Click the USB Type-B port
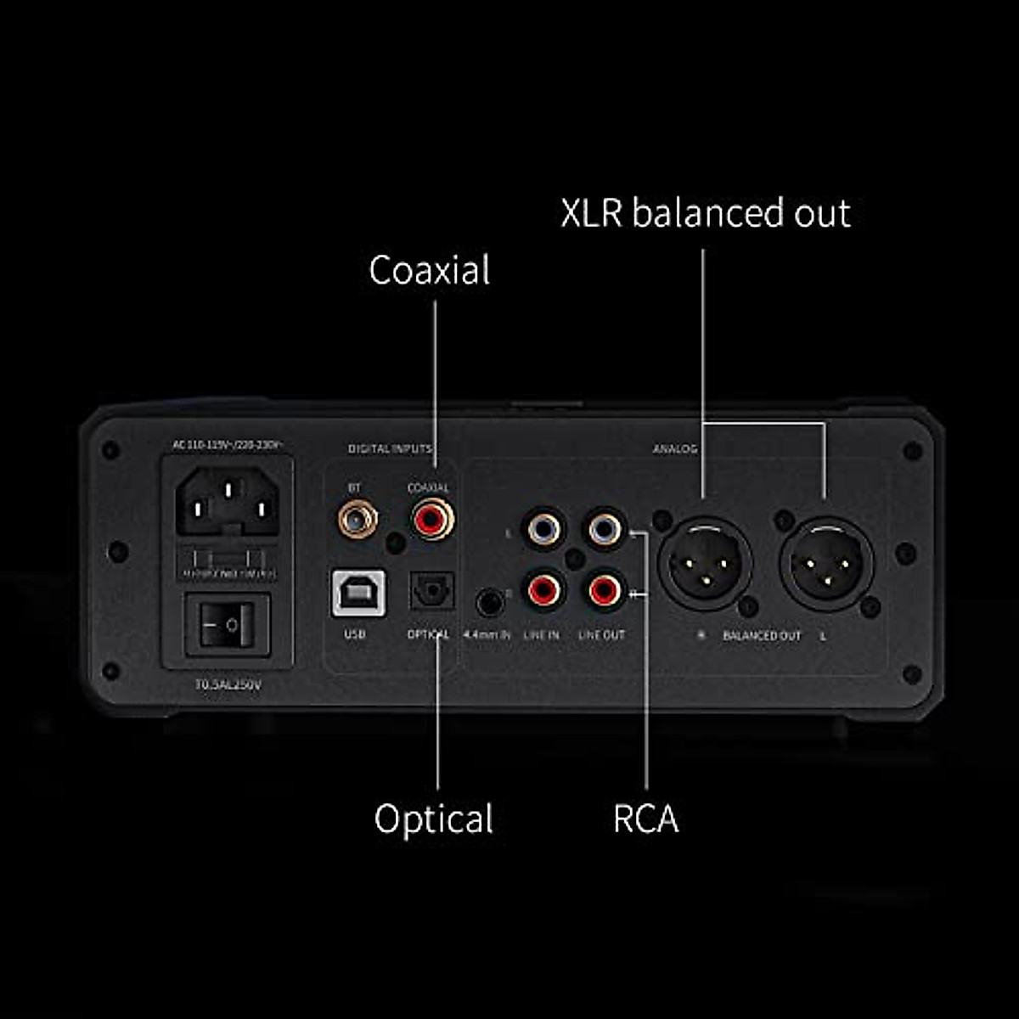tap(357, 592)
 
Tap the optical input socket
tap(432, 591)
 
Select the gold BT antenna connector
tap(357, 519)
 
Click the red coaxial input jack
tap(432, 519)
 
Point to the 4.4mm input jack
tap(487, 603)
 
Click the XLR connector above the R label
tap(704, 561)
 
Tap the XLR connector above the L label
tap(825, 561)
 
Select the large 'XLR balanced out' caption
tap(706, 212)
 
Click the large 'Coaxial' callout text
tap(430, 270)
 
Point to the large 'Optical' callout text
tap(433, 819)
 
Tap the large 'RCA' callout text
tap(645, 819)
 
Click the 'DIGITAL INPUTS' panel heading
tap(390, 448)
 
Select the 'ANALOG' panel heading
tap(675, 448)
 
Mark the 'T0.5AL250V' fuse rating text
tap(228, 684)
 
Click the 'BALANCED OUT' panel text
tap(762, 635)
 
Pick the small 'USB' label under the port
tap(355, 634)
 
